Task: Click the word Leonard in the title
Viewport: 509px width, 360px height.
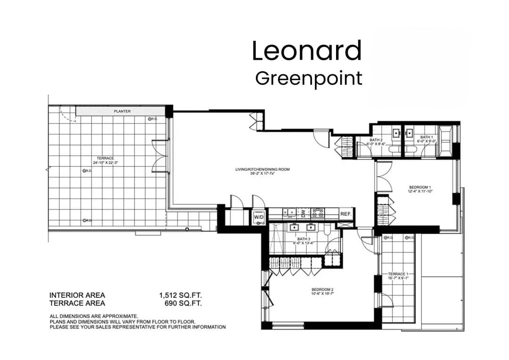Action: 307,51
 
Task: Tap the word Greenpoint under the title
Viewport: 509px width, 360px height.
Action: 309,78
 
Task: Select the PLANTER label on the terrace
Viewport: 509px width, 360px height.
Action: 122,112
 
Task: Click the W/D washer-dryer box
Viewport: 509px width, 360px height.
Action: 259,217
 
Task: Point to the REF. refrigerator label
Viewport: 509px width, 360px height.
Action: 346,214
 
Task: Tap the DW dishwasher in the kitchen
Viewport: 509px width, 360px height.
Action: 304,213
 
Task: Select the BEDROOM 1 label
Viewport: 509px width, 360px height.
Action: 420,187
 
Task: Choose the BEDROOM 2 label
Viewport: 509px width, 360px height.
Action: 323,289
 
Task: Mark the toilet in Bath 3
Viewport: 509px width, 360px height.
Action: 326,229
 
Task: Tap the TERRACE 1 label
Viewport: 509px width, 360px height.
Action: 398,274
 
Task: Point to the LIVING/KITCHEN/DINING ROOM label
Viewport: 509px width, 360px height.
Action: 263,169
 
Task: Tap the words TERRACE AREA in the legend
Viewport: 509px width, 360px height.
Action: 77,303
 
